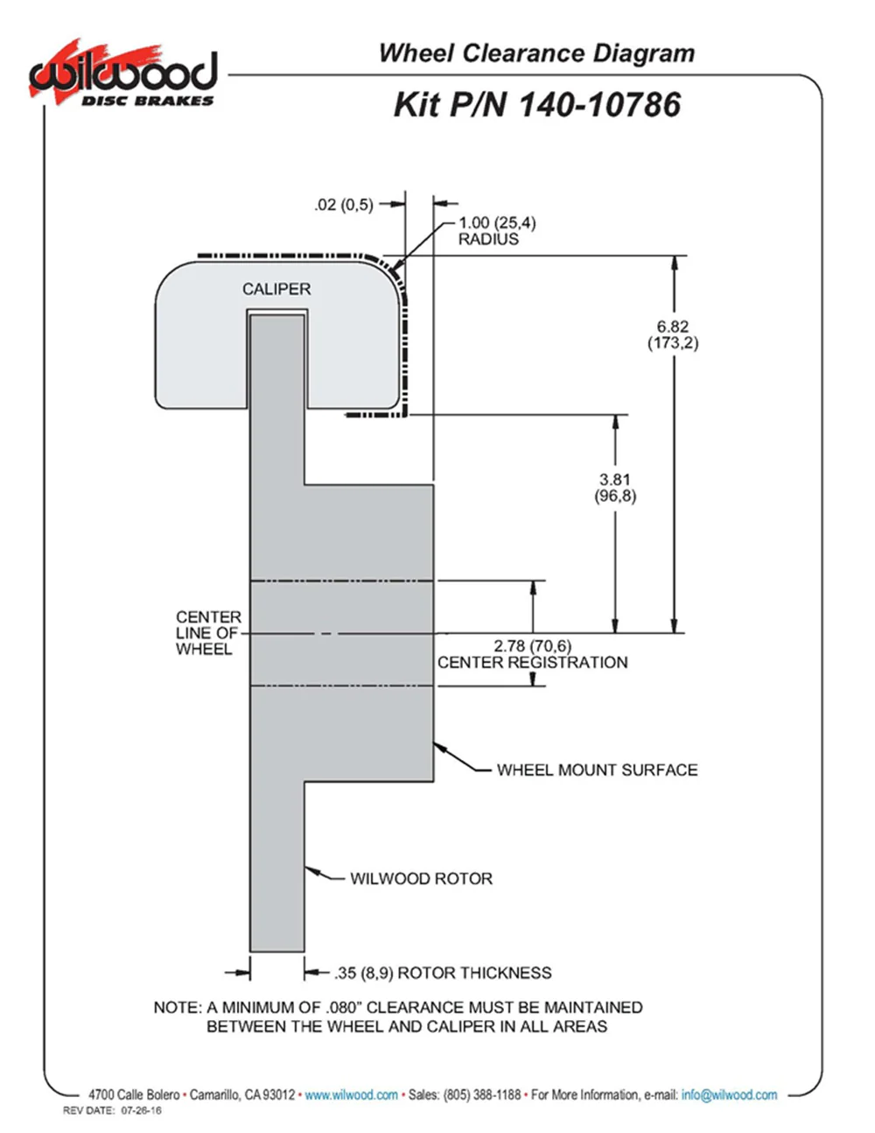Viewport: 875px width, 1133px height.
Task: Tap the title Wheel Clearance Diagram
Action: click(536, 53)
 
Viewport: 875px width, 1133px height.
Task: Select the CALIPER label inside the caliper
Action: click(276, 289)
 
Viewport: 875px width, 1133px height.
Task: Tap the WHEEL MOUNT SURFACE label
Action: click(597, 771)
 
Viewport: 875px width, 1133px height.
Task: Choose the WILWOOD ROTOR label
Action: click(421, 878)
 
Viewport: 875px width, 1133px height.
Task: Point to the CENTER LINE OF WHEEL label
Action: click(207, 633)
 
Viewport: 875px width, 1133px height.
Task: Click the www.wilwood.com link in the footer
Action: click(351, 1094)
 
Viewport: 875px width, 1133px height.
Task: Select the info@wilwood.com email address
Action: click(729, 1094)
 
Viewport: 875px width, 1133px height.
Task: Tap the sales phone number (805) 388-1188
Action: click(482, 1094)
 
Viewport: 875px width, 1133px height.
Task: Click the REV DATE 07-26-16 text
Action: click(112, 1111)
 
